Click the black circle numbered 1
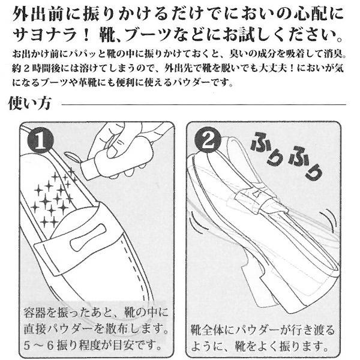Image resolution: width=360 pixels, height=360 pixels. point(41,140)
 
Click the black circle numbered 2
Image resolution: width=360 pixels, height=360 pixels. point(208,140)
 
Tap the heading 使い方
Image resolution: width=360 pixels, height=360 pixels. point(29,103)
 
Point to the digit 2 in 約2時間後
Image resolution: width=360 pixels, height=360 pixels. point(26,68)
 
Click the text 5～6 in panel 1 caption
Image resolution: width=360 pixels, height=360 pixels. point(38,346)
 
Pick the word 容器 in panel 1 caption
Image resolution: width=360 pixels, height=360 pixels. point(35,312)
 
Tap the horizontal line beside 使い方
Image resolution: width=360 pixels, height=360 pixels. point(204,104)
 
